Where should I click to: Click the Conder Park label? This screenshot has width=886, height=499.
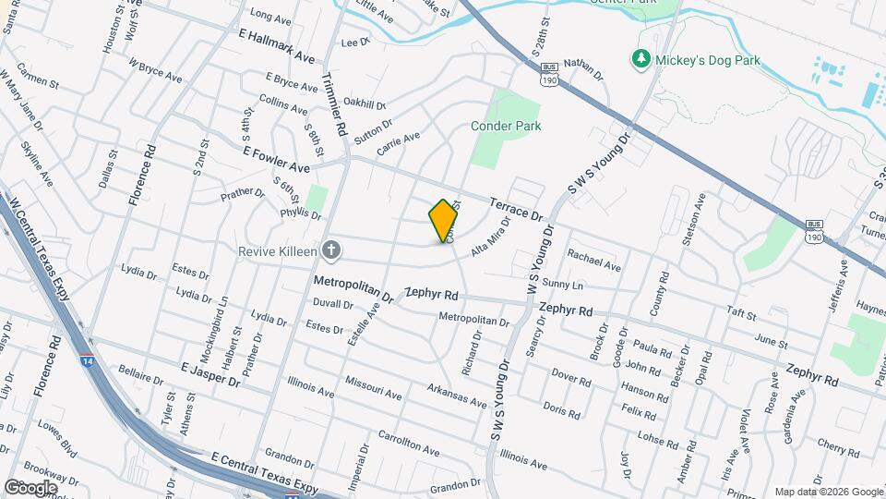pyautogui.click(x=506, y=126)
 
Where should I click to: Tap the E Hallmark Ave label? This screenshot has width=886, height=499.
pyautogui.click(x=276, y=45)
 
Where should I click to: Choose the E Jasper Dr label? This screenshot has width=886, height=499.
pyautogui.click(x=210, y=377)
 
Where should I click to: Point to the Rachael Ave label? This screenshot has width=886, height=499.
pyautogui.click(x=593, y=260)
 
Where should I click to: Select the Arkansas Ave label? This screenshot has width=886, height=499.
pyautogui.click(x=458, y=396)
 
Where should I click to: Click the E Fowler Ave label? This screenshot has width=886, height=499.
pyautogui.click(x=276, y=160)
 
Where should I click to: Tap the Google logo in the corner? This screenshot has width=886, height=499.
pyautogui.click(x=30, y=487)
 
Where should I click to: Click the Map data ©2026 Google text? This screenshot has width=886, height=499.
pyautogui.click(x=828, y=492)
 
